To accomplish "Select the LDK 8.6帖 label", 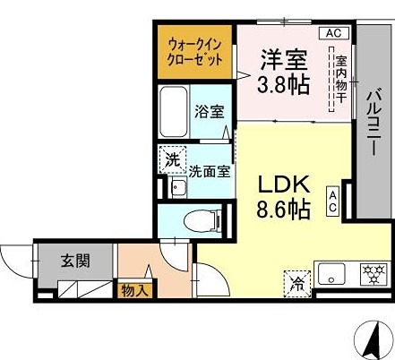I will point(285,197).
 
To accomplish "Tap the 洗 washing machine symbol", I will point(170,159).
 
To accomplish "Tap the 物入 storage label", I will point(135,289).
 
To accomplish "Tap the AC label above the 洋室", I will point(332,33).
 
